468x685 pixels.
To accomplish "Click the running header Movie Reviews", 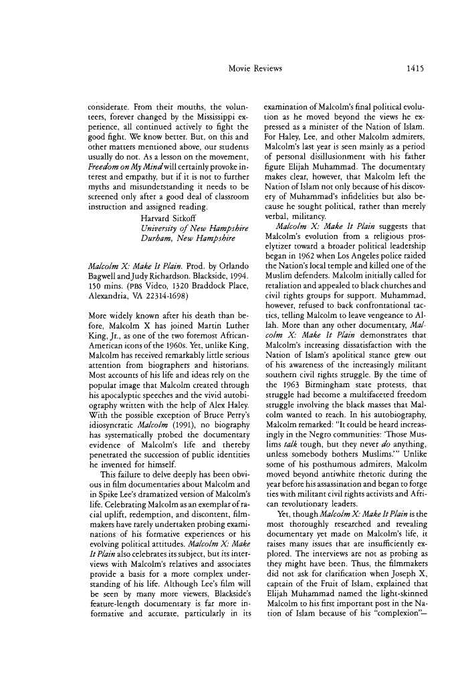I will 255,68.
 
